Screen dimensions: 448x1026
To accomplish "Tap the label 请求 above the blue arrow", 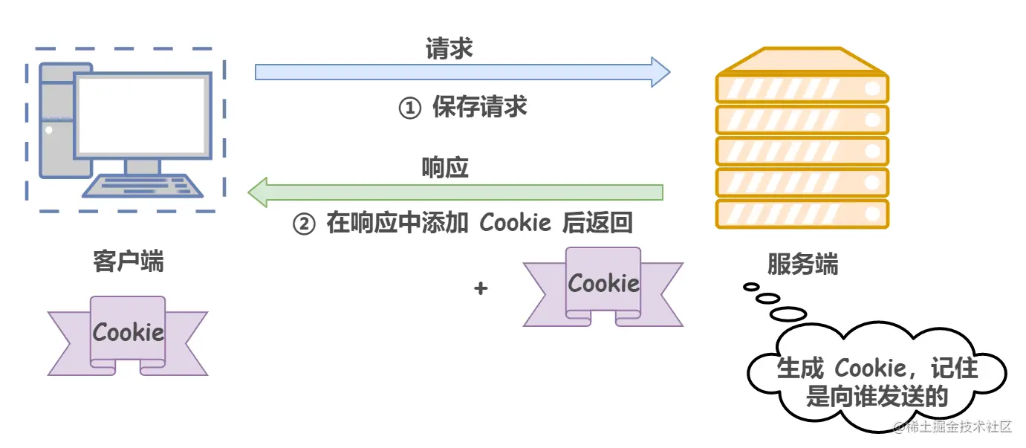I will click(x=449, y=48).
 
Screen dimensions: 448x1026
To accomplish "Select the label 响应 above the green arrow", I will click(x=445, y=168).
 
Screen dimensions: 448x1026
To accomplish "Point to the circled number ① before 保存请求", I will click(x=410, y=108).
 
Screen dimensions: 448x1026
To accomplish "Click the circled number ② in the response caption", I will click(x=304, y=224).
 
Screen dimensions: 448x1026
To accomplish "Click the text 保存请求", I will click(x=479, y=108).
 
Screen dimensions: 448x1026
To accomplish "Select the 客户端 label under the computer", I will click(x=129, y=262).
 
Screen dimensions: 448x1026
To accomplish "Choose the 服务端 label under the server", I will click(x=802, y=264).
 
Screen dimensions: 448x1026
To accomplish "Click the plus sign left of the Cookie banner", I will click(x=481, y=288).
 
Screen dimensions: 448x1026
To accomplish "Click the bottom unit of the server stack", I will click(x=802, y=215).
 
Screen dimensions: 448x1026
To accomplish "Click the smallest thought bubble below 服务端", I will click(x=751, y=286).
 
